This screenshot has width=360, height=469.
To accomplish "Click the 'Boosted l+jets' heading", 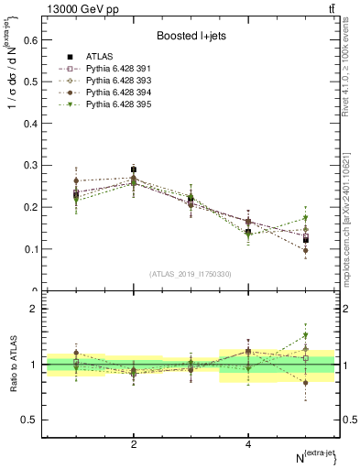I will pos(191,36).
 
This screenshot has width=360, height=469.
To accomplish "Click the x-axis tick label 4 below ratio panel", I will pos(248,444).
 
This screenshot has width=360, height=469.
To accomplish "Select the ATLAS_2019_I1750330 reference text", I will pos(191,274).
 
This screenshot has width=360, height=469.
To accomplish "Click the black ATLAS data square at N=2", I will pos(134,169).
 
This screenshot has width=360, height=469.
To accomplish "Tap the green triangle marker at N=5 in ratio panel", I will pos(306,335).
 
